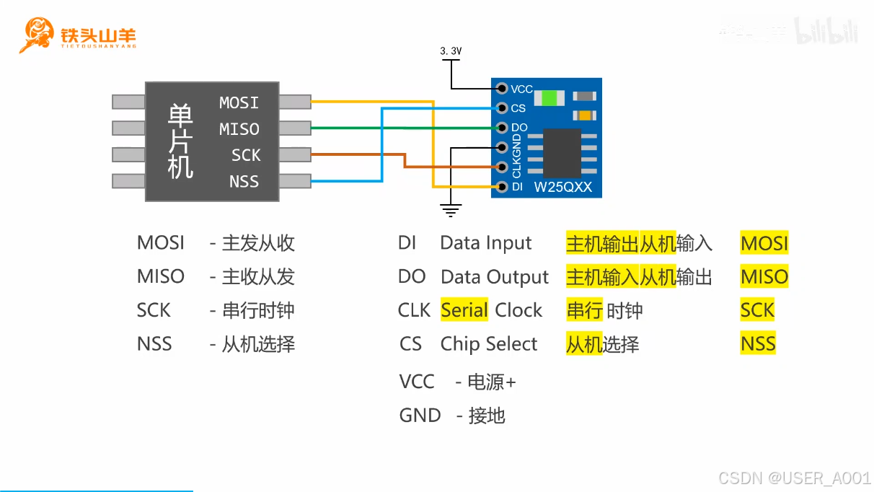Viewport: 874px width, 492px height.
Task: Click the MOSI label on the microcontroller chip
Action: point(239,103)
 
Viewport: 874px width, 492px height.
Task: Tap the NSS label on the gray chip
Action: point(244,182)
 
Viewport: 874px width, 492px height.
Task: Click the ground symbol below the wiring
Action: point(451,211)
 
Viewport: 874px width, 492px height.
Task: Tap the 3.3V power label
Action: point(451,51)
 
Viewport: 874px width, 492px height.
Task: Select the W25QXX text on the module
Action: point(562,188)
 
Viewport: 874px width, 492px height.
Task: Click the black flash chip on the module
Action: point(562,151)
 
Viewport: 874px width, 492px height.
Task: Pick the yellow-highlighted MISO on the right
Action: point(764,277)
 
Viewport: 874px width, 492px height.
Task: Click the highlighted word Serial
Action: point(464,310)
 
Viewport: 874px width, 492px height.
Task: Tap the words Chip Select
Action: point(489,344)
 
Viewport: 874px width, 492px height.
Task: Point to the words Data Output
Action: point(495,277)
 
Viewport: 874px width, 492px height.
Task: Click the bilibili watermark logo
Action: point(826,32)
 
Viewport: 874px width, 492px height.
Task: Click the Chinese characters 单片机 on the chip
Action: point(180,141)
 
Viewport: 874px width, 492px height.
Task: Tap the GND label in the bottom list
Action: point(420,416)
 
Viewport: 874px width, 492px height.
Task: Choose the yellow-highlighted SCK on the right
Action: point(757,310)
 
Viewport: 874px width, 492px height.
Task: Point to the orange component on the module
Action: point(584,115)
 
